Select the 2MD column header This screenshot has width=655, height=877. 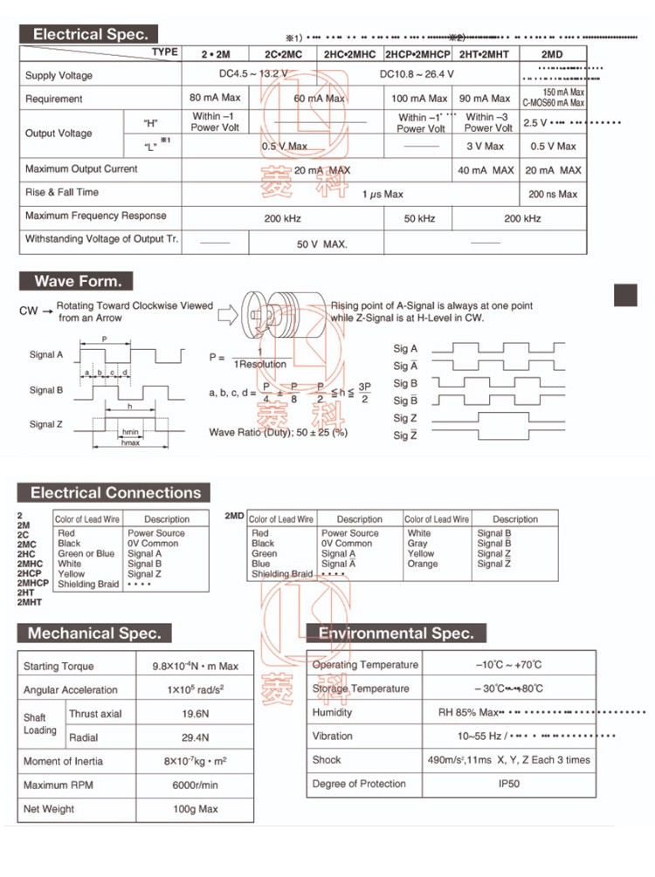click(x=552, y=53)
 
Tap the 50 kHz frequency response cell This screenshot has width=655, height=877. click(x=419, y=218)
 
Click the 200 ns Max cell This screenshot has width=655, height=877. click(x=552, y=194)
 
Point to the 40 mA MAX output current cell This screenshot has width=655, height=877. click(x=486, y=170)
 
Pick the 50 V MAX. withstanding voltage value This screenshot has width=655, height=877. click(x=321, y=244)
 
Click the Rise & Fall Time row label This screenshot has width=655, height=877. click(x=62, y=192)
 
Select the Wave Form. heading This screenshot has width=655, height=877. click(x=77, y=281)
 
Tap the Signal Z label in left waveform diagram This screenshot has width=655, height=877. click(x=46, y=424)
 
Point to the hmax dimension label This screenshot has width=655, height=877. click(x=130, y=443)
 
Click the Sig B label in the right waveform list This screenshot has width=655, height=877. click(x=405, y=383)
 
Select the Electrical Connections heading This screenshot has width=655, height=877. click(x=115, y=493)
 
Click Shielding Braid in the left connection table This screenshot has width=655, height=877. click(x=88, y=585)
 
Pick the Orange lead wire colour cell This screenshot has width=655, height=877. click(x=422, y=564)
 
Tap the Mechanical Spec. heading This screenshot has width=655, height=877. click(x=93, y=634)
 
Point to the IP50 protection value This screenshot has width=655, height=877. click(x=508, y=784)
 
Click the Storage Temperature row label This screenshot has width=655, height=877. click(x=361, y=689)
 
